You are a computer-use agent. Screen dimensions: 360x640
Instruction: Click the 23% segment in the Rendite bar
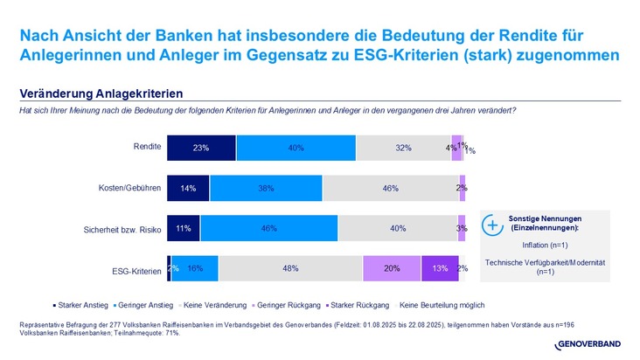pyautogui.click(x=201, y=148)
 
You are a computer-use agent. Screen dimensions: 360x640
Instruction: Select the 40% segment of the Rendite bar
pyautogui.click(x=296, y=148)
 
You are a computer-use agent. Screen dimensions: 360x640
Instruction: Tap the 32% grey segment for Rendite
pyautogui.click(x=403, y=148)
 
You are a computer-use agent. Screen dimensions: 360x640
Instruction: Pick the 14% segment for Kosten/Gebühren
pyautogui.click(x=188, y=188)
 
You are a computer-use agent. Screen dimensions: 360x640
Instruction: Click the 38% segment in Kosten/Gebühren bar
pyautogui.click(x=266, y=188)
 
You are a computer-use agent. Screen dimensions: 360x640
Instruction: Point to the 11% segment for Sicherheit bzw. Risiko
pyautogui.click(x=184, y=228)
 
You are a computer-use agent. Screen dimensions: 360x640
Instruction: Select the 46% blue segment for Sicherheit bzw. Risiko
pyautogui.click(x=268, y=228)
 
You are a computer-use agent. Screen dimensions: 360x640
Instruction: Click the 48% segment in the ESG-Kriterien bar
pyautogui.click(x=290, y=268)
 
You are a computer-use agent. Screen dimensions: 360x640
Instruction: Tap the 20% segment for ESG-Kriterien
pyautogui.click(x=392, y=268)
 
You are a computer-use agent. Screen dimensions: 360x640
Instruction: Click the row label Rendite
pyautogui.click(x=146, y=147)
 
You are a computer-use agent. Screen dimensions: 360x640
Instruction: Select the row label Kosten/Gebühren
pyautogui.click(x=129, y=187)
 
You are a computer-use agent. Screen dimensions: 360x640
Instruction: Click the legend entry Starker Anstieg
pyautogui.click(x=83, y=305)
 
